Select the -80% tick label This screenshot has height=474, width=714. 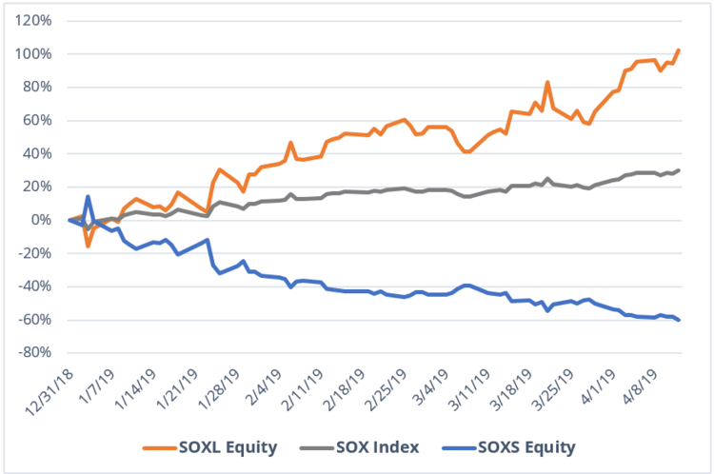pos(38,352)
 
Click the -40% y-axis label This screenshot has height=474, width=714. pos(38,286)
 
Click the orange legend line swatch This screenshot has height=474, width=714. pos(156,445)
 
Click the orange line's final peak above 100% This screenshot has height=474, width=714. pos(678,49)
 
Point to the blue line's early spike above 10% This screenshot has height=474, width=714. pos(88,197)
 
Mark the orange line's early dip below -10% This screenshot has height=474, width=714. pos(88,246)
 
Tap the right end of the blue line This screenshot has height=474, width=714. pos(678,320)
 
